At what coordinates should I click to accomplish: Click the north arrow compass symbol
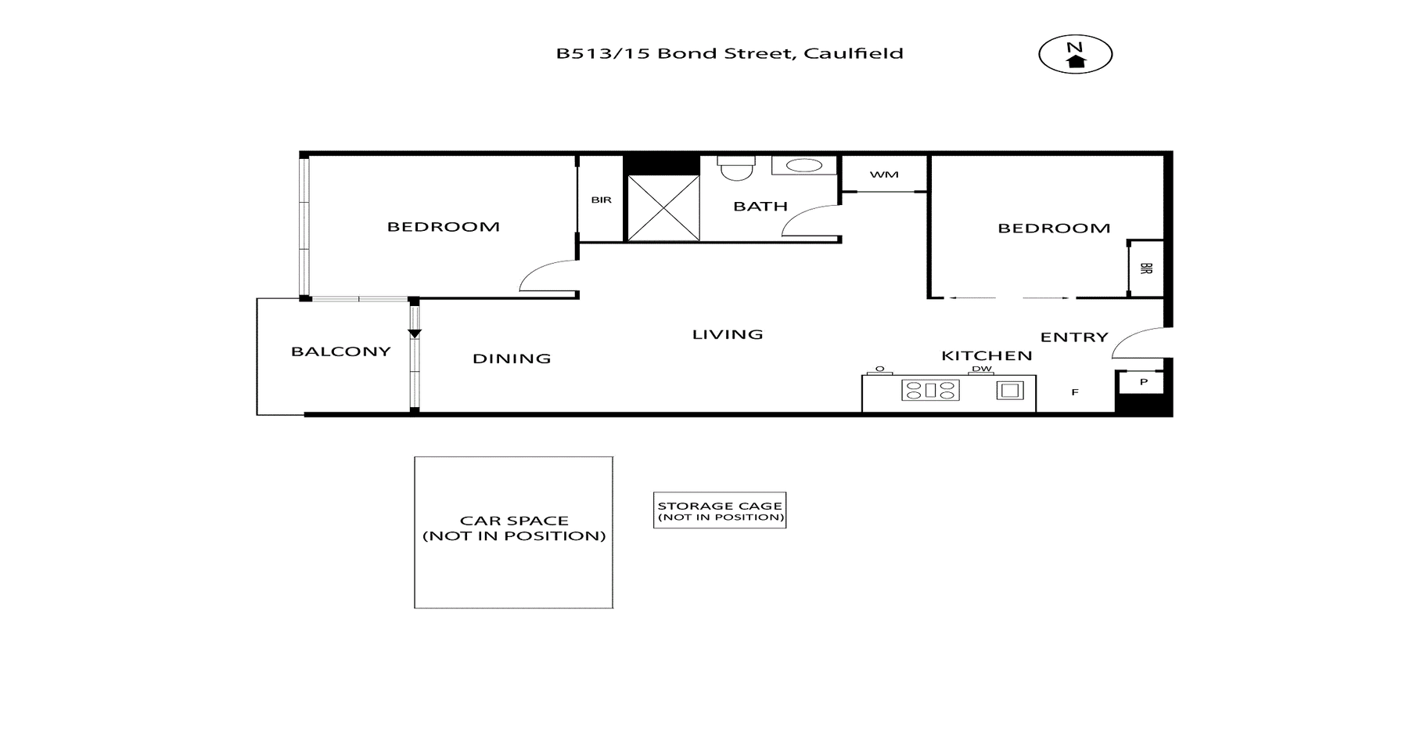1075,55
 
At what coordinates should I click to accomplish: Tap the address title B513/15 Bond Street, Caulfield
729,53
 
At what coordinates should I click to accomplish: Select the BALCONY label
340,351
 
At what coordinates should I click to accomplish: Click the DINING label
512,359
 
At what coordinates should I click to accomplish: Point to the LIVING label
728,334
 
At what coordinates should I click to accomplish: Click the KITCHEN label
987,355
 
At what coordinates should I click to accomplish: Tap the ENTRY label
1074,337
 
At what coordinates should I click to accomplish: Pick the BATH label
760,207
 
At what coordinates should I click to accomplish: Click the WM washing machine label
884,175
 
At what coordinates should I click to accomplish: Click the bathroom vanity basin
803,165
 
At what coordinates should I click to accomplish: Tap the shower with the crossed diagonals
663,208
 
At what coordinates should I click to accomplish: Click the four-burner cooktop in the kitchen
930,390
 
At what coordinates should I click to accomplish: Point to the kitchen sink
1010,390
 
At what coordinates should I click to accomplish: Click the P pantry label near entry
1144,382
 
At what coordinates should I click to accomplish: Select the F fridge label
1075,392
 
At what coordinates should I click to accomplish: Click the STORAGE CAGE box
720,510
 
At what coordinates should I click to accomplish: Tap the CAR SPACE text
514,528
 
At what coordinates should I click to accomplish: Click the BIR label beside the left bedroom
601,200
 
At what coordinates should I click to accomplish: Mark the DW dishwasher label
982,369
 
